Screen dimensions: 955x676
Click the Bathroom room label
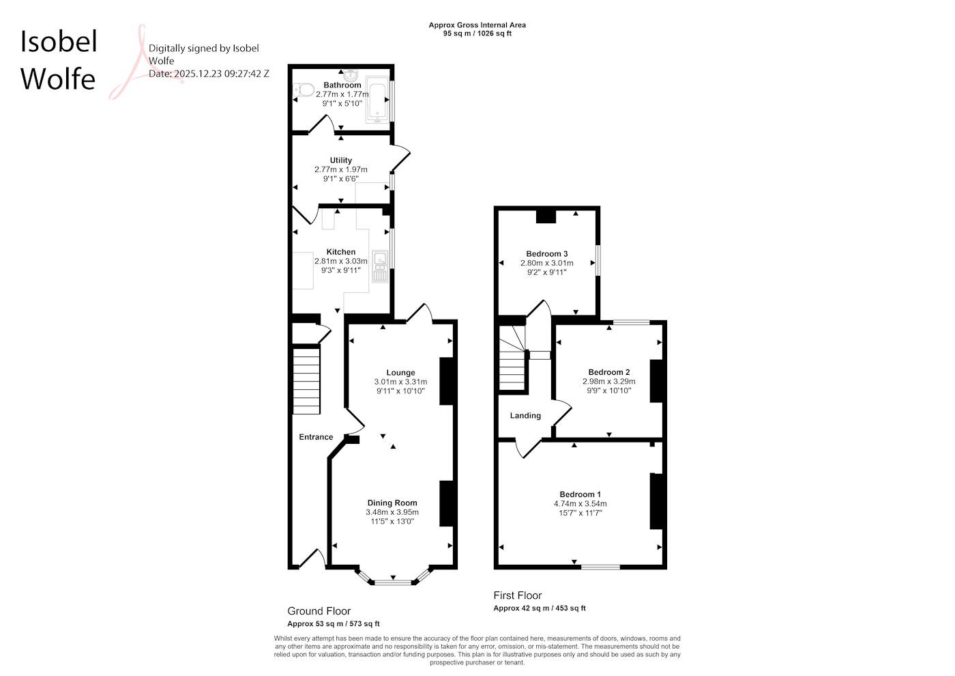click(x=342, y=85)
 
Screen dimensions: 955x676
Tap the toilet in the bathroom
click(x=304, y=89)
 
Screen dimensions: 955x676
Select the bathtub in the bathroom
click(x=377, y=100)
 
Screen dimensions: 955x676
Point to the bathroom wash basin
click(x=351, y=76)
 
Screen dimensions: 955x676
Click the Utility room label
click(x=340, y=160)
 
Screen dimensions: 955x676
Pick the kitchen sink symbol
click(x=381, y=267)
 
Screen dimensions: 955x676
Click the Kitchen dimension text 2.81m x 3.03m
click(x=340, y=261)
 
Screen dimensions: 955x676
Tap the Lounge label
click(x=400, y=373)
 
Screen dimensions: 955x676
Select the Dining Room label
click(x=392, y=503)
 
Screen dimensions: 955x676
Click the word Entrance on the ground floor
click(x=316, y=436)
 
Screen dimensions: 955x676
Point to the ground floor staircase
click(x=306, y=381)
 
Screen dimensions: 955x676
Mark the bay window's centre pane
click(x=393, y=582)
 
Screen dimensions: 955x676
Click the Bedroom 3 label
click(x=546, y=253)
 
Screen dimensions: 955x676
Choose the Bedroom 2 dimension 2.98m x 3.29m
click(x=608, y=381)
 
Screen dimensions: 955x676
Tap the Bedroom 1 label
click(x=581, y=494)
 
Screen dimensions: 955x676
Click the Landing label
click(x=525, y=415)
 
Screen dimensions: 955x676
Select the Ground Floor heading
click(x=319, y=610)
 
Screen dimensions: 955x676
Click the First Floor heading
click(x=518, y=595)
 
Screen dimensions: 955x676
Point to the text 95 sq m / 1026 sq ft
click(x=477, y=33)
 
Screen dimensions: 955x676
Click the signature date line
click(x=209, y=74)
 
